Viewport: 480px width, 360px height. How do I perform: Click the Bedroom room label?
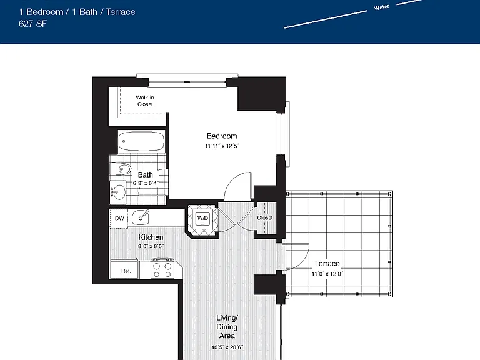click(222, 136)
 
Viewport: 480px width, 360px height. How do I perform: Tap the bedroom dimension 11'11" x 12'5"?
click(222, 146)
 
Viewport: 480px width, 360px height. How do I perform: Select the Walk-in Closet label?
click(145, 101)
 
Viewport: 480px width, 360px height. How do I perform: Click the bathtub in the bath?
click(141, 141)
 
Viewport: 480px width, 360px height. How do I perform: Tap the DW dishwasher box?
click(119, 218)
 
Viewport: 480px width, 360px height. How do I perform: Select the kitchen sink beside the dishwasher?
click(141, 217)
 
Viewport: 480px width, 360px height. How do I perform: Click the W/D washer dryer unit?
click(202, 218)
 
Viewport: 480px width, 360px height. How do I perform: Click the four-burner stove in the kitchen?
click(162, 269)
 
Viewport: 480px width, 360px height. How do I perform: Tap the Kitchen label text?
click(151, 237)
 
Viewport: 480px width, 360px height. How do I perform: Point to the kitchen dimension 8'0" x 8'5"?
click(151, 246)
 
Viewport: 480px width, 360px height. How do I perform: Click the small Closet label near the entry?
click(265, 217)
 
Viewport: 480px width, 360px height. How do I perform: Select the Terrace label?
click(327, 264)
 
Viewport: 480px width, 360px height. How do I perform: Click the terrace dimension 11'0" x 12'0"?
click(327, 274)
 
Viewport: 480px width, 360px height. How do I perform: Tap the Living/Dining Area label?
click(227, 327)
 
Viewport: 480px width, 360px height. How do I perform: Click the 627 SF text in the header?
click(32, 24)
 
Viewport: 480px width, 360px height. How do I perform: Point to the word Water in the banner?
click(381, 7)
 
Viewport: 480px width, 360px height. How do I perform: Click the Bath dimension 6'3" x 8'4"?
click(146, 183)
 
